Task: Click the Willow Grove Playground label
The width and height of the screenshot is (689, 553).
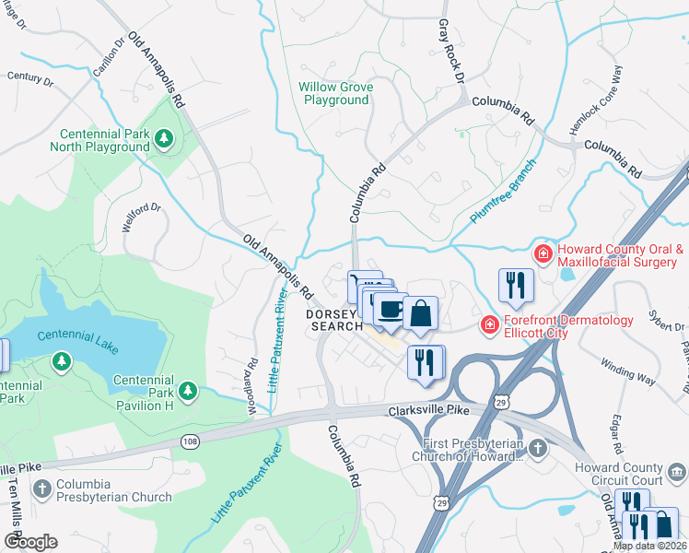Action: click(336, 93)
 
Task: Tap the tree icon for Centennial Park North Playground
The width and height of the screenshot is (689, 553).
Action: click(164, 138)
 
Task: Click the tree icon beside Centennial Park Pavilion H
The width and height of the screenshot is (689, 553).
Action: click(188, 392)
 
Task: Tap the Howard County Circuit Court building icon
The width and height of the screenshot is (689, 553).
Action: click(677, 473)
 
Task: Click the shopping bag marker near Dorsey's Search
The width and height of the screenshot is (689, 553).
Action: click(420, 313)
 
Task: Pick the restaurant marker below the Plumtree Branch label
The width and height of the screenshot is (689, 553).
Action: click(515, 285)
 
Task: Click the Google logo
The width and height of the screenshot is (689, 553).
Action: click(30, 542)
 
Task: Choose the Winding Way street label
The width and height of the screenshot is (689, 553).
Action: click(629, 370)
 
